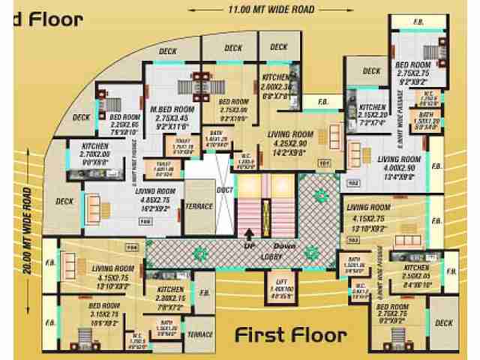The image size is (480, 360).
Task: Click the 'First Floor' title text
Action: click(x=291, y=334)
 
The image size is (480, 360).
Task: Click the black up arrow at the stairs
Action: click(x=249, y=233)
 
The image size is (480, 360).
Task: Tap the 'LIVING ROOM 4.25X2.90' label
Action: click(x=290, y=139)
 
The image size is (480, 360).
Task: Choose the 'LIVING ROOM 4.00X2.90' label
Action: click(x=399, y=163)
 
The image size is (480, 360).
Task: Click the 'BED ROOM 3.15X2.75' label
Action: click(x=106, y=310)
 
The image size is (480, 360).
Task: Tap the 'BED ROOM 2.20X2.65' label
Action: click(x=125, y=123)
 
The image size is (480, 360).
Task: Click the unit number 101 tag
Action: click(x=325, y=162)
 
